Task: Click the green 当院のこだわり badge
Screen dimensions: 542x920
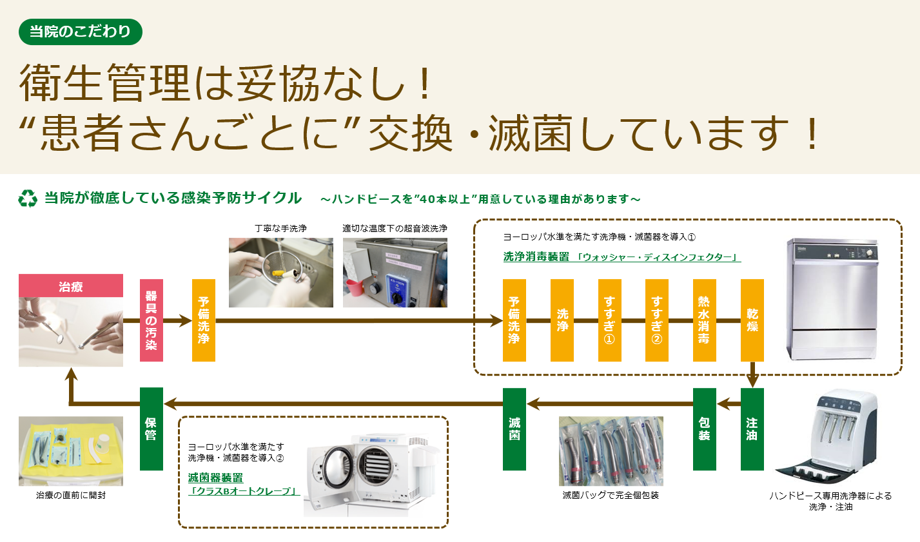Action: [80, 32]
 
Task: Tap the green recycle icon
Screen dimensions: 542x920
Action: [28, 198]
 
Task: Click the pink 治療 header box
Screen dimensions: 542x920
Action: [71, 286]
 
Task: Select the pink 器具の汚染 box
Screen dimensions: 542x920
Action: [152, 320]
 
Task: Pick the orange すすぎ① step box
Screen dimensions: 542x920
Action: [609, 320]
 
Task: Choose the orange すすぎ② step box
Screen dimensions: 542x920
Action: [657, 320]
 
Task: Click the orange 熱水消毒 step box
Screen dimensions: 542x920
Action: [704, 320]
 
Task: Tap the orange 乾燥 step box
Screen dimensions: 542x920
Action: [752, 320]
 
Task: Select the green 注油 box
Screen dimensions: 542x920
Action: [752, 429]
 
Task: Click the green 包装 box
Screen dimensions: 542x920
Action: [704, 429]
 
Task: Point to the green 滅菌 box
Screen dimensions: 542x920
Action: [514, 429]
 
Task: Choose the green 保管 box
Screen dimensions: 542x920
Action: [152, 429]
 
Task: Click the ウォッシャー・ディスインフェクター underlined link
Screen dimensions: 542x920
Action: [658, 257]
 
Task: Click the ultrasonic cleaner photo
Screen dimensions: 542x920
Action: [395, 272]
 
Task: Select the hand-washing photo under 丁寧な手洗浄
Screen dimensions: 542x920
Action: [281, 272]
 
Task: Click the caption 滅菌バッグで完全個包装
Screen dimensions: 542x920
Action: [611, 495]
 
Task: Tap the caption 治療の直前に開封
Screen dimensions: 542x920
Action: [71, 495]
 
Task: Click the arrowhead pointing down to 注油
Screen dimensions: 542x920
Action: [752, 382]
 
